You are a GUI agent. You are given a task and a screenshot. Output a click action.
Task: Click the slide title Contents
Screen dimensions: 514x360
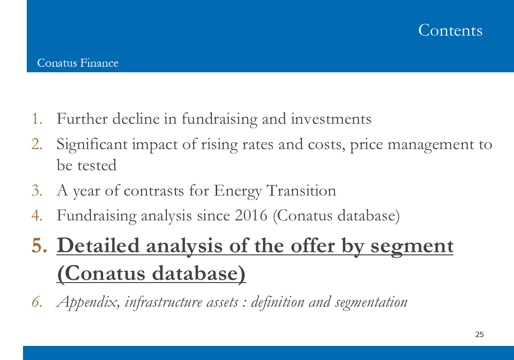pos(450,30)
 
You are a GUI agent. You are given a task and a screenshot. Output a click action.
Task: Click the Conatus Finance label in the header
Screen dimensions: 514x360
pos(78,63)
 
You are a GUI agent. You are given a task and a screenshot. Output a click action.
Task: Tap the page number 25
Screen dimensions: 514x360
pos(479,334)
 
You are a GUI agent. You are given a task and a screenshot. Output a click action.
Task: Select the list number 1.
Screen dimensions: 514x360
pos(37,118)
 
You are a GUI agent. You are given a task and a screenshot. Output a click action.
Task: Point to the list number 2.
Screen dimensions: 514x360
pos(37,144)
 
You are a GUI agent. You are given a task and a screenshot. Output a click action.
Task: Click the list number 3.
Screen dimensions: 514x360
pos(37,191)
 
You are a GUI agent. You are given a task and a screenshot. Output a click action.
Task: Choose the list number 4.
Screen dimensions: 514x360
pos(37,215)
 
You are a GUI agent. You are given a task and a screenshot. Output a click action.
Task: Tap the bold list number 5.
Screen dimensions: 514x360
pos(39,245)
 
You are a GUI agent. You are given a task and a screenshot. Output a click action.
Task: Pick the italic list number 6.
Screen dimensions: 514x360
pos(37,302)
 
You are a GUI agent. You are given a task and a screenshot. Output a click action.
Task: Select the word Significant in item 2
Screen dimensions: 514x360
pos(92,145)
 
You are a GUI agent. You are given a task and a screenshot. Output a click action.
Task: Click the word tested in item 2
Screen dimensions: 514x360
pos(97,165)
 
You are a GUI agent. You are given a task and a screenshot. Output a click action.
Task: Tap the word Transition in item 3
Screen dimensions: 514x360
pos(301,191)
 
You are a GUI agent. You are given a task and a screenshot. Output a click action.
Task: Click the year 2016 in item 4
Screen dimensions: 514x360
pos(251,215)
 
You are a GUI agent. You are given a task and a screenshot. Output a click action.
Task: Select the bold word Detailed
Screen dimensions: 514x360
pos(98,245)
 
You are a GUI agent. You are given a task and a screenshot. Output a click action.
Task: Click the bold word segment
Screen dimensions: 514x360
pos(412,247)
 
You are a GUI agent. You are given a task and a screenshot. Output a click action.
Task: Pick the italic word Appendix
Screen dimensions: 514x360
pos(88,302)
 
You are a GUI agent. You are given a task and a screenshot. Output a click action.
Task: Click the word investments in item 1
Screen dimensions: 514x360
pos(331,119)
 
